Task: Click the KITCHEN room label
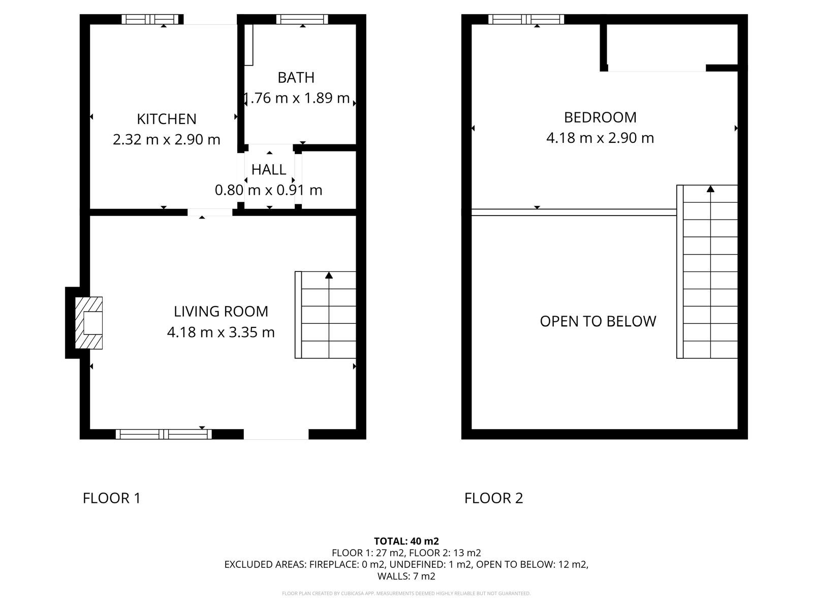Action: tap(167, 119)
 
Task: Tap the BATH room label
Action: tap(296, 77)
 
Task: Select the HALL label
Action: tap(268, 170)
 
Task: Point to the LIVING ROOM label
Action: tap(221, 312)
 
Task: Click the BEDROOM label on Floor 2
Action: tap(600, 117)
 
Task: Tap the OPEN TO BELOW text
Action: tap(598, 321)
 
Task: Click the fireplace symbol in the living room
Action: tap(89, 323)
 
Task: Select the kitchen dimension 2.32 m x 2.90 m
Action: tap(167, 140)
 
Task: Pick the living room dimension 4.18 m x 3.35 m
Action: tap(221, 332)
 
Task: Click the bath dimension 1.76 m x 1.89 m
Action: tap(296, 98)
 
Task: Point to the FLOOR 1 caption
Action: tap(111, 498)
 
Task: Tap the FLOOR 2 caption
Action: tap(493, 498)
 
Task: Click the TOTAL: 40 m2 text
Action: tap(407, 541)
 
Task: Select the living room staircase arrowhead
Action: tap(329, 275)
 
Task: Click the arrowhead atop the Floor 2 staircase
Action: tap(710, 189)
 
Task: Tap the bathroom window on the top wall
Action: tap(302, 19)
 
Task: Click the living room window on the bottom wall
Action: tap(164, 434)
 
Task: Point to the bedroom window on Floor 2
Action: tap(526, 19)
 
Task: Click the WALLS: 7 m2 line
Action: tap(407, 576)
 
